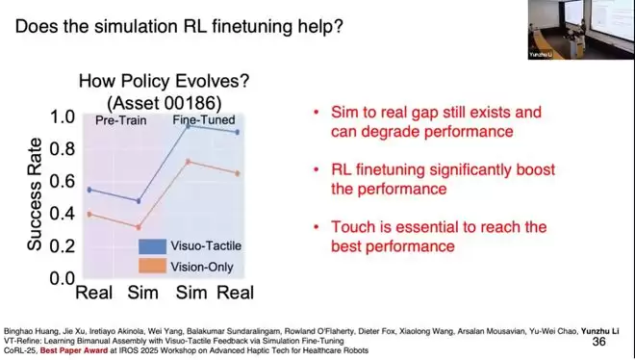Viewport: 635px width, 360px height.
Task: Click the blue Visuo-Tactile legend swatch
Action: point(152,246)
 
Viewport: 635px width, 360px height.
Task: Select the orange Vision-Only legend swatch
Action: point(152,266)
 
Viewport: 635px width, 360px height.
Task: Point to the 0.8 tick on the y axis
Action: point(63,149)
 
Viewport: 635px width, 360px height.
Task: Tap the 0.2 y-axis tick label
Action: point(63,245)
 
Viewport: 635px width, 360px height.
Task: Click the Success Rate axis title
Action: point(35,194)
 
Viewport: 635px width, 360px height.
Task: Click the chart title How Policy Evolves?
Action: point(164,81)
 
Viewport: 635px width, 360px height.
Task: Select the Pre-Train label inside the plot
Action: point(120,120)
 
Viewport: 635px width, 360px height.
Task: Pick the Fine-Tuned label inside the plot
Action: point(204,120)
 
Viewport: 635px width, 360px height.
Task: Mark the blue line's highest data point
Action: point(189,126)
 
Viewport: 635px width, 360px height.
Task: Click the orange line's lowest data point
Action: point(139,227)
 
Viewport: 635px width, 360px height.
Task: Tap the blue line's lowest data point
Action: point(139,201)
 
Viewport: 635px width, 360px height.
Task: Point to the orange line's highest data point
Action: point(188,162)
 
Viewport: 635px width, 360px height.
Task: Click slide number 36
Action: point(599,342)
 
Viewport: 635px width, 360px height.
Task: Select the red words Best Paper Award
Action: point(74,350)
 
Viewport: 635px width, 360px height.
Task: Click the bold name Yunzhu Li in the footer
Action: point(599,331)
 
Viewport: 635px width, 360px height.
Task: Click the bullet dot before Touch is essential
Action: point(317,226)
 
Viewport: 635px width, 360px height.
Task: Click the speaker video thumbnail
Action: point(581,30)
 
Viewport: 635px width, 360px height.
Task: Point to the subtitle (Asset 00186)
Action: point(164,103)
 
